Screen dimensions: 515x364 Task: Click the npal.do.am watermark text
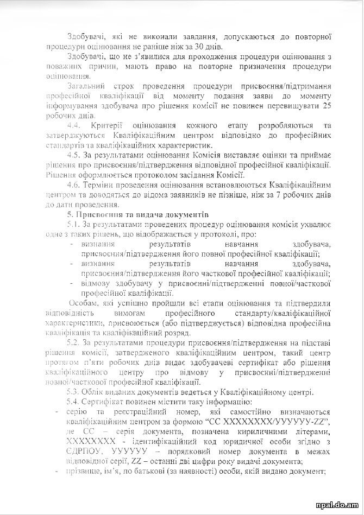click(340, 503)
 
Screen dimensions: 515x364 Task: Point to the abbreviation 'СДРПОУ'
click(84, 451)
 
